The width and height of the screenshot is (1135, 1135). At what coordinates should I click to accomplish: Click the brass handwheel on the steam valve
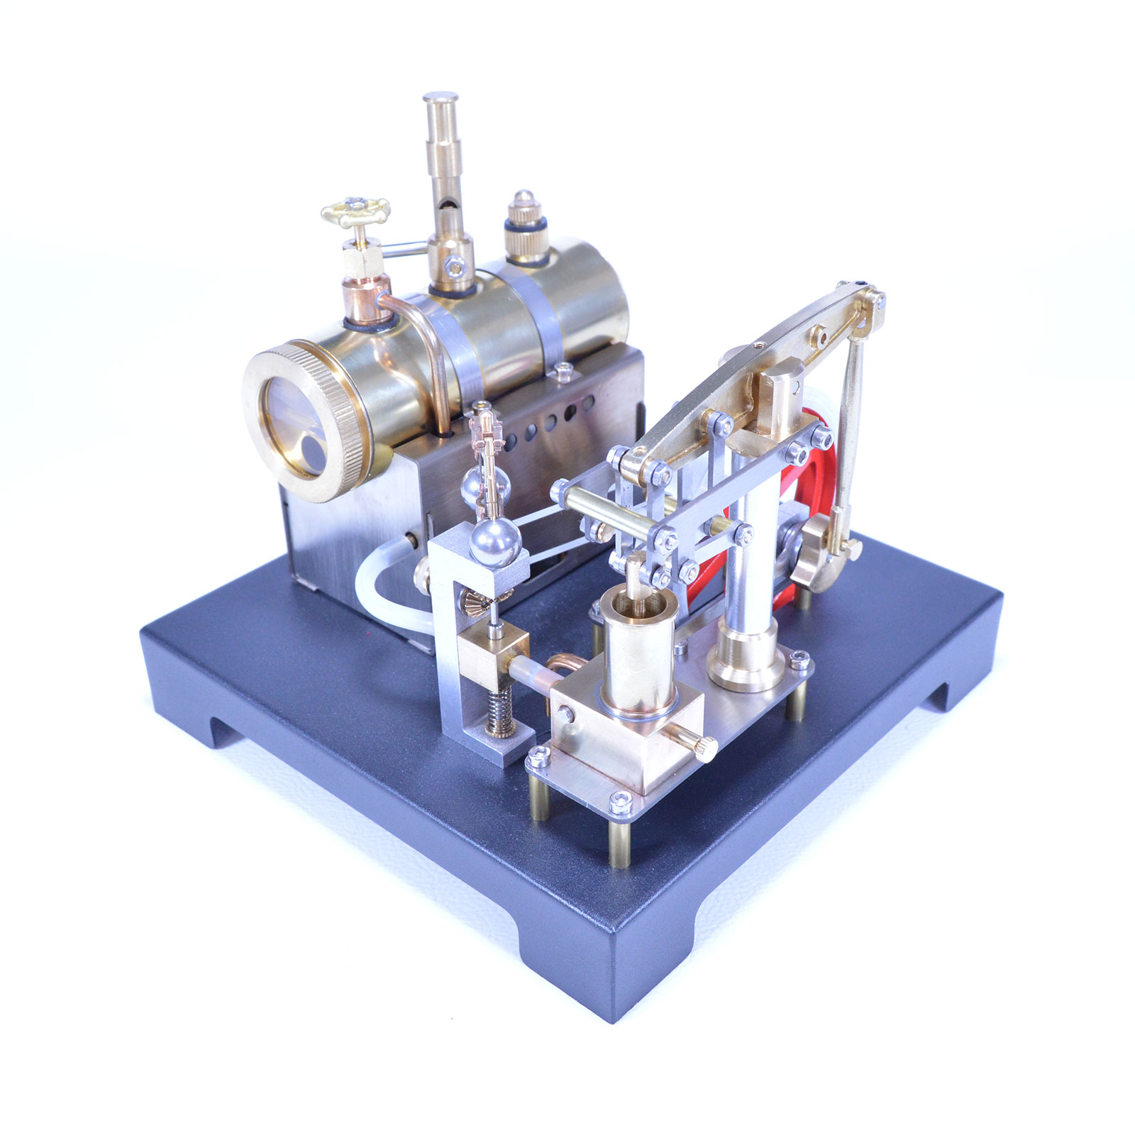pyautogui.click(x=355, y=211)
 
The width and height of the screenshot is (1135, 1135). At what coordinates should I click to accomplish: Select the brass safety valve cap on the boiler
pyautogui.click(x=525, y=213)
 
